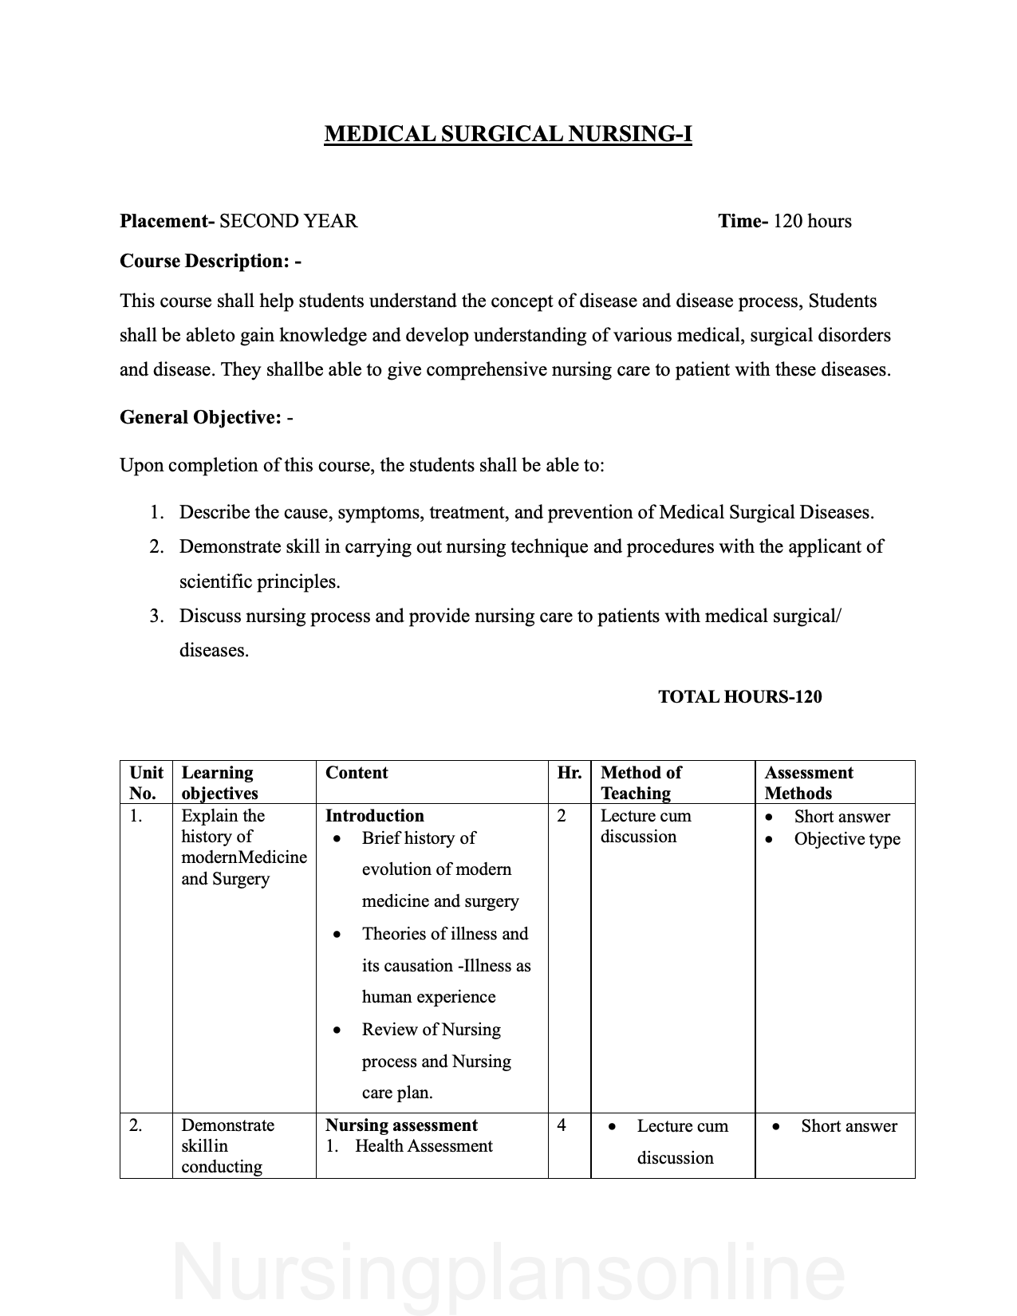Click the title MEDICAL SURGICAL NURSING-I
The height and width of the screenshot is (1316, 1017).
click(508, 134)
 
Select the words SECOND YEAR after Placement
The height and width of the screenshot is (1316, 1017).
click(288, 221)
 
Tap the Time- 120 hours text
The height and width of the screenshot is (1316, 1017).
click(784, 221)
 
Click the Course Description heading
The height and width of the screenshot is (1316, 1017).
click(211, 261)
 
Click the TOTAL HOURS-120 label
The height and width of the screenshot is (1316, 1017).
click(739, 696)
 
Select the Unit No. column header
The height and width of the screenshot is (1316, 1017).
click(146, 782)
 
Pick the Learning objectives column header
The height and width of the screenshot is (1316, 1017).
click(219, 782)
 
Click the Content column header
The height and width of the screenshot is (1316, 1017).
click(357, 773)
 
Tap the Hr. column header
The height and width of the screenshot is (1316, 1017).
click(569, 773)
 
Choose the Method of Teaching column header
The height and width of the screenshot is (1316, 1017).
click(641, 782)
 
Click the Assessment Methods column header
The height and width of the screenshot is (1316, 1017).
click(808, 782)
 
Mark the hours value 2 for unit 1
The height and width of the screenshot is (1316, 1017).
click(562, 816)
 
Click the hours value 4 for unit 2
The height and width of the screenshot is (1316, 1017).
click(562, 1125)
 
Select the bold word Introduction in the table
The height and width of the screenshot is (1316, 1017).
click(374, 816)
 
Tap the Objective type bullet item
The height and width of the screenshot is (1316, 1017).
click(847, 839)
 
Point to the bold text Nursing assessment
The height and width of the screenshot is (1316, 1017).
click(401, 1125)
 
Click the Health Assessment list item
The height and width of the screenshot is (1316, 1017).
click(423, 1146)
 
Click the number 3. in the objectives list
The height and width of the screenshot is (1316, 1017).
click(157, 616)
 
